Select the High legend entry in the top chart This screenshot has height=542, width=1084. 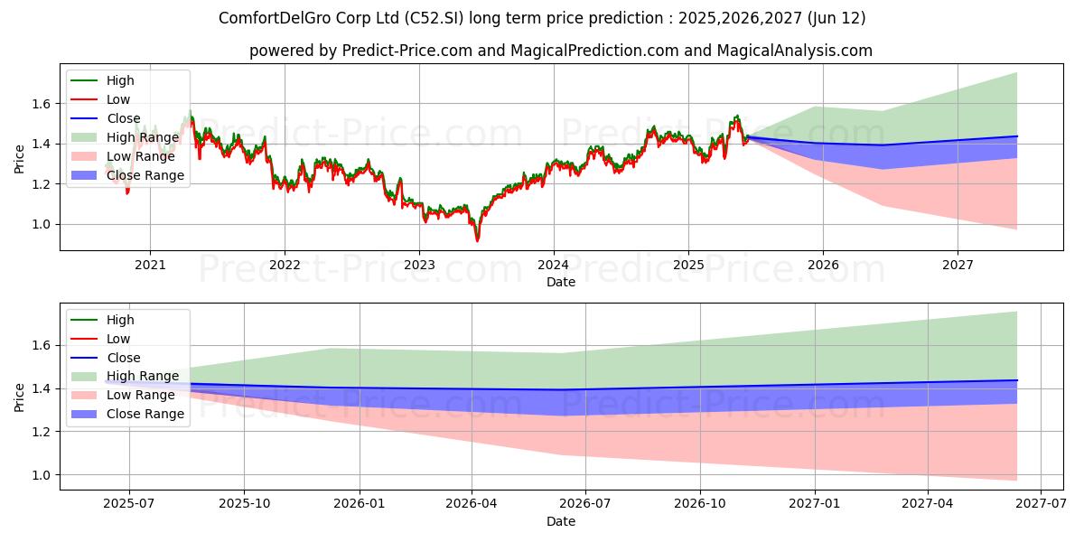click(x=120, y=80)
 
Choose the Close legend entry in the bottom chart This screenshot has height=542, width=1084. click(x=124, y=358)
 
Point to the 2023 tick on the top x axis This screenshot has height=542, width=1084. click(x=419, y=265)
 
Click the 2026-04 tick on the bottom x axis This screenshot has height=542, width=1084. click(x=471, y=504)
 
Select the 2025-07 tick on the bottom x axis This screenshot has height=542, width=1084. click(x=128, y=504)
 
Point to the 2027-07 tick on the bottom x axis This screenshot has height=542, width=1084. click(x=1041, y=504)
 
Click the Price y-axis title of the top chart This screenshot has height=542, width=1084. click(x=19, y=160)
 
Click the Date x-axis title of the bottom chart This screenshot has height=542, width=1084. click(x=560, y=521)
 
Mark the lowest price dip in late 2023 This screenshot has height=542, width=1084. click(x=477, y=240)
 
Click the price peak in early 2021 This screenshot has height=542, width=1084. click(x=190, y=112)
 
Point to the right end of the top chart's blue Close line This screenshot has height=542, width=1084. click(x=1017, y=136)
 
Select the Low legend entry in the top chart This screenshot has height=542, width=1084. click(x=118, y=99)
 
